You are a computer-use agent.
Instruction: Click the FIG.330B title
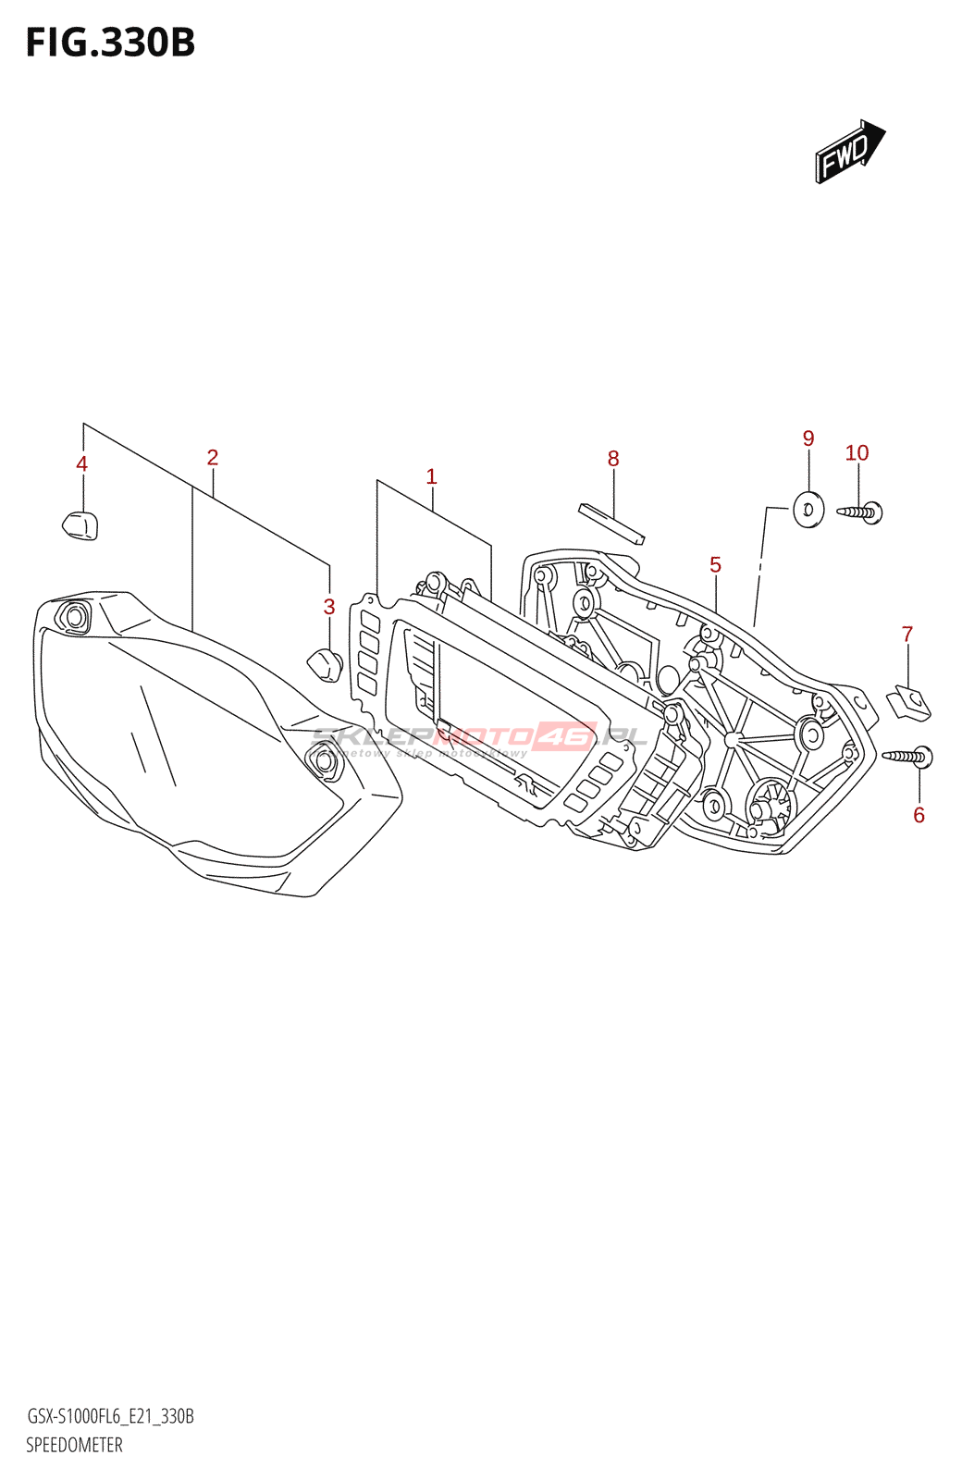pos(110,43)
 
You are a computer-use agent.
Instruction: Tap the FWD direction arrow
pos(849,152)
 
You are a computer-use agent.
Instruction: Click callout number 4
pos(82,464)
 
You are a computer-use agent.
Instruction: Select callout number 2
pos(213,457)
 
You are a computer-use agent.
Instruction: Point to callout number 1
pos(431,476)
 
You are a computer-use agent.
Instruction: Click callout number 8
pos(613,459)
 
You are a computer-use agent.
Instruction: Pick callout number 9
pos(808,438)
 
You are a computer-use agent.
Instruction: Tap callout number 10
pos(857,453)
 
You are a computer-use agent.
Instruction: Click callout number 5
pos(715,564)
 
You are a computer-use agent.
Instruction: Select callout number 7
pos(907,635)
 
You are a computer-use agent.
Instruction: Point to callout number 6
pos(919,815)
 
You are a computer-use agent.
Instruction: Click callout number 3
pos(329,607)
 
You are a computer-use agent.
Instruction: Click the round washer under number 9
pos(808,510)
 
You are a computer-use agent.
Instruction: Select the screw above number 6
pos(908,757)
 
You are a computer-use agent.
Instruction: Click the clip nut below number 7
pos(908,703)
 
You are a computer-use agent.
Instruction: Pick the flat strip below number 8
pos(611,523)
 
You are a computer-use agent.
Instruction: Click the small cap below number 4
pos(80,525)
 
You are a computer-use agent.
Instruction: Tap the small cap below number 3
pos(324,664)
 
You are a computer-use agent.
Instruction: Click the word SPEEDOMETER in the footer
pos(74,1445)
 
